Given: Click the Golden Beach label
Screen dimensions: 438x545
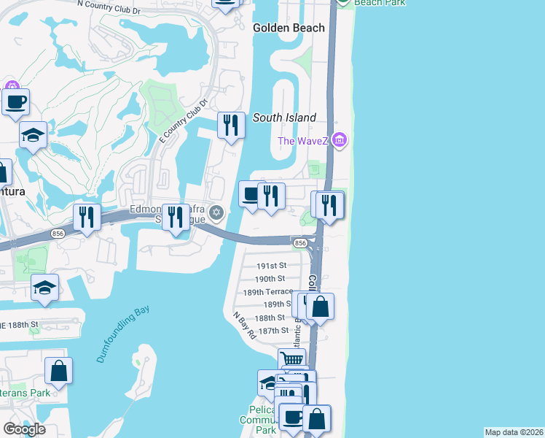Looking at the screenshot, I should pos(289,28).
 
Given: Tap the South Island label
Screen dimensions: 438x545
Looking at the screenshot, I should pos(284,118).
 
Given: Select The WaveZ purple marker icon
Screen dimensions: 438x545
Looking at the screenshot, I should pos(338,139).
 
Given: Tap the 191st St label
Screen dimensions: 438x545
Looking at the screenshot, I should pos(272,266).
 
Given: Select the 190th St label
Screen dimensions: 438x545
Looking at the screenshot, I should pos(270,279).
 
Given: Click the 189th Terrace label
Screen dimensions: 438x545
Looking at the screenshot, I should pos(267,291).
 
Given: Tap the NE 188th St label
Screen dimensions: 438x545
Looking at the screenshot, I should pos(19,323).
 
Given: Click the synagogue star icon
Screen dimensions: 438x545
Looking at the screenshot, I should pos(215,213).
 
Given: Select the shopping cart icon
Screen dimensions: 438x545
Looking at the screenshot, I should pos(291,358).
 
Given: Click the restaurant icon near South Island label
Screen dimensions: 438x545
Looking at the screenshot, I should pos(231,125).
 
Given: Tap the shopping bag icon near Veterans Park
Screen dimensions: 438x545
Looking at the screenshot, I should pos(58,370).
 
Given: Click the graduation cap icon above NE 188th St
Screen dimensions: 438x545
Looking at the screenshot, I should pos(44,287).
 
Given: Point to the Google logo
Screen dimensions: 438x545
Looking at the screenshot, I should pos(24,429).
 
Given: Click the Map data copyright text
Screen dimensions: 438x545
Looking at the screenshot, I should pos(514,432).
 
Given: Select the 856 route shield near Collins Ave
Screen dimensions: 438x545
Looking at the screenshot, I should pos(299,242).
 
